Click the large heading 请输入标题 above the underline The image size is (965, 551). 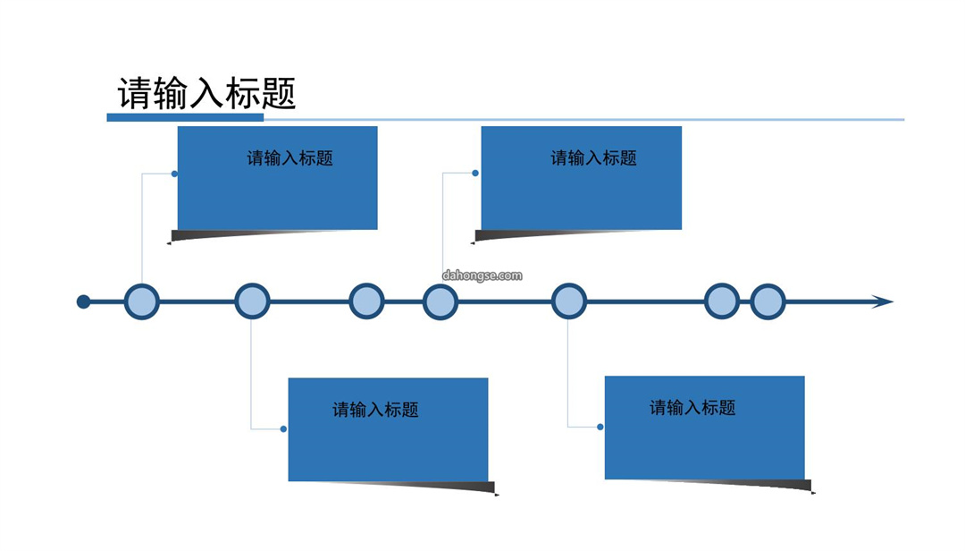coord(206,94)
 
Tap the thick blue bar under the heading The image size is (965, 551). coord(185,117)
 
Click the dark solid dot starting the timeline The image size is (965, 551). coord(83,302)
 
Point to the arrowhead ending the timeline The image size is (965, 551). coord(883,302)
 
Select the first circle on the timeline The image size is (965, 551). coord(141,302)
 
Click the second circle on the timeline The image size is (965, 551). coord(252,301)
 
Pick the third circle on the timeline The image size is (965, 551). coord(367,301)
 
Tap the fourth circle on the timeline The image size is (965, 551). coord(441,302)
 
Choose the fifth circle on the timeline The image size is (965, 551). coord(569,301)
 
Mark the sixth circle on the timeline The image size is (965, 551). coord(722,301)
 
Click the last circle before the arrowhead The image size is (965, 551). coord(768,302)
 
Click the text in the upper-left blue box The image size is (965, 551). coord(289,158)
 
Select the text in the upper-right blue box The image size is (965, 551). coord(594,158)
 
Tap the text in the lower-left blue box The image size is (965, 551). coord(375,410)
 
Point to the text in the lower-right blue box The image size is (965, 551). coord(693,407)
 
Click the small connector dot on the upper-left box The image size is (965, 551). coord(175,174)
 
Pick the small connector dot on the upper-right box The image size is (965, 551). coord(475,174)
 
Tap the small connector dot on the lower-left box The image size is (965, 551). coord(284,429)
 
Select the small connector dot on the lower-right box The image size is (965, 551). coord(600,427)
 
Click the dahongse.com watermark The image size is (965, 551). coord(482,275)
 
